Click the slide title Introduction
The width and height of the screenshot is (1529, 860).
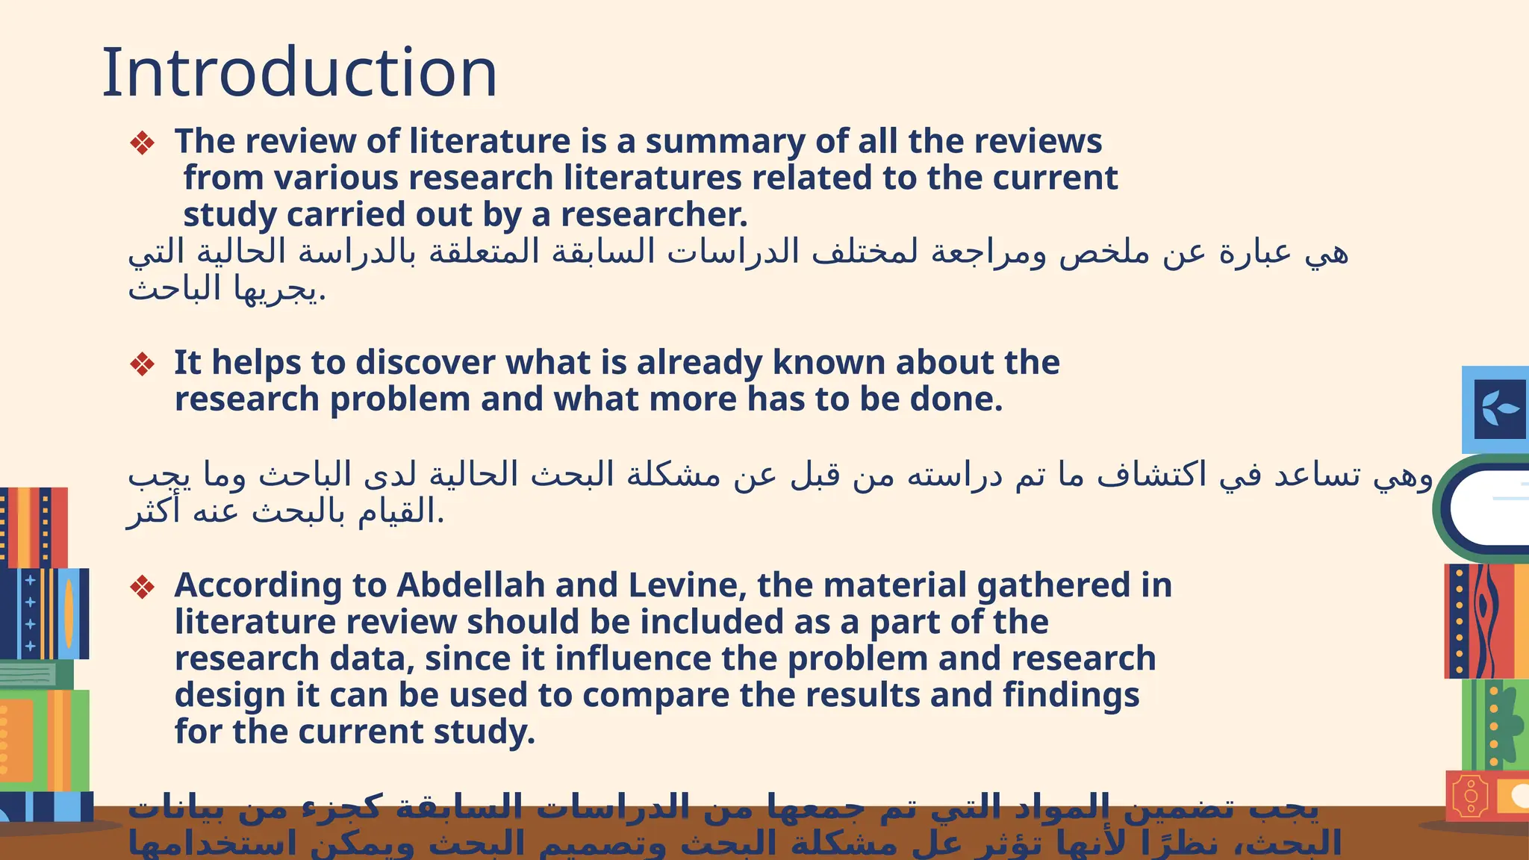299,72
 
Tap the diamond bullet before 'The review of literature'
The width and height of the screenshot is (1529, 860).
142,143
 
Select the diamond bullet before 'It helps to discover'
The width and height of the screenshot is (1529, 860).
142,364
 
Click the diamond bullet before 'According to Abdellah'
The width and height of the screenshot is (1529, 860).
142,587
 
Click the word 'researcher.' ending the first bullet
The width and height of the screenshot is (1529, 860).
654,215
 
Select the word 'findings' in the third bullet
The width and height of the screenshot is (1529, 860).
1071,696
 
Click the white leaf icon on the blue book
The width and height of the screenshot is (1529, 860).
1499,409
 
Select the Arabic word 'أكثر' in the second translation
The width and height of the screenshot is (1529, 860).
154,512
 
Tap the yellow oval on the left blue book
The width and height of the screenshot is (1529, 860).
69,613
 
